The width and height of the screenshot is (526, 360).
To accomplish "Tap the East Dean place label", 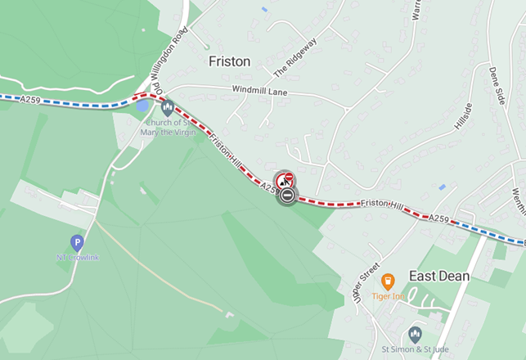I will pos(439,276).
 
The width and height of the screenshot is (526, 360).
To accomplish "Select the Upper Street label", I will pos(367,282).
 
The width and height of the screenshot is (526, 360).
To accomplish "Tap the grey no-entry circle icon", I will pos(287,196).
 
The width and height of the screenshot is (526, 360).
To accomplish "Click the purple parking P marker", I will pos(77,242).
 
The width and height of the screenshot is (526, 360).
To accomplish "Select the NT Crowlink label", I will pos(78,258).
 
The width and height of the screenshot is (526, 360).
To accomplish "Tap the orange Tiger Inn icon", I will pos(388,281).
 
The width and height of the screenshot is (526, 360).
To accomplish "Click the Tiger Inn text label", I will pos(388,295).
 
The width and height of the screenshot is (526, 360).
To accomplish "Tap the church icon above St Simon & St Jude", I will pos(415,334).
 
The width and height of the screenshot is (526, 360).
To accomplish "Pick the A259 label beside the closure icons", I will pos(270,187).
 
